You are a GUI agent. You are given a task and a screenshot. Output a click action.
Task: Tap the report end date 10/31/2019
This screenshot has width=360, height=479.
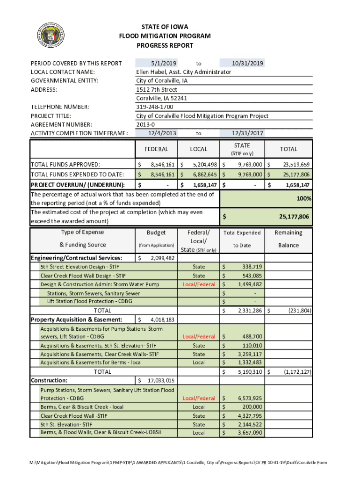[248, 63]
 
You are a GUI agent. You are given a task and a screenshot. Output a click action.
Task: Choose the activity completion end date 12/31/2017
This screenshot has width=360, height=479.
[248, 133]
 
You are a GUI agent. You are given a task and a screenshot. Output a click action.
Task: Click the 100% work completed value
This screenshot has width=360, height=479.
[304, 199]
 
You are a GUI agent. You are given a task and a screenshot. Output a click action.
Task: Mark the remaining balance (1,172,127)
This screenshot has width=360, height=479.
[297, 372]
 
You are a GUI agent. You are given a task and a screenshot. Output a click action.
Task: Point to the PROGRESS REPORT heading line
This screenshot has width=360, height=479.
[165, 46]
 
